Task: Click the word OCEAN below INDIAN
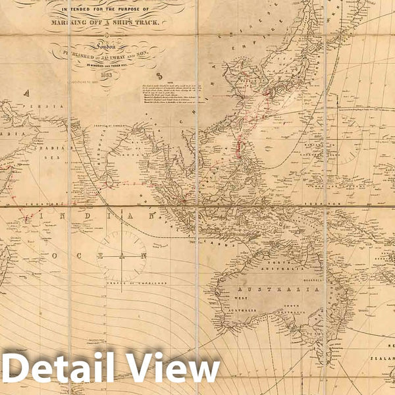tap(92, 253)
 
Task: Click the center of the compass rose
tap(122, 253)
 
